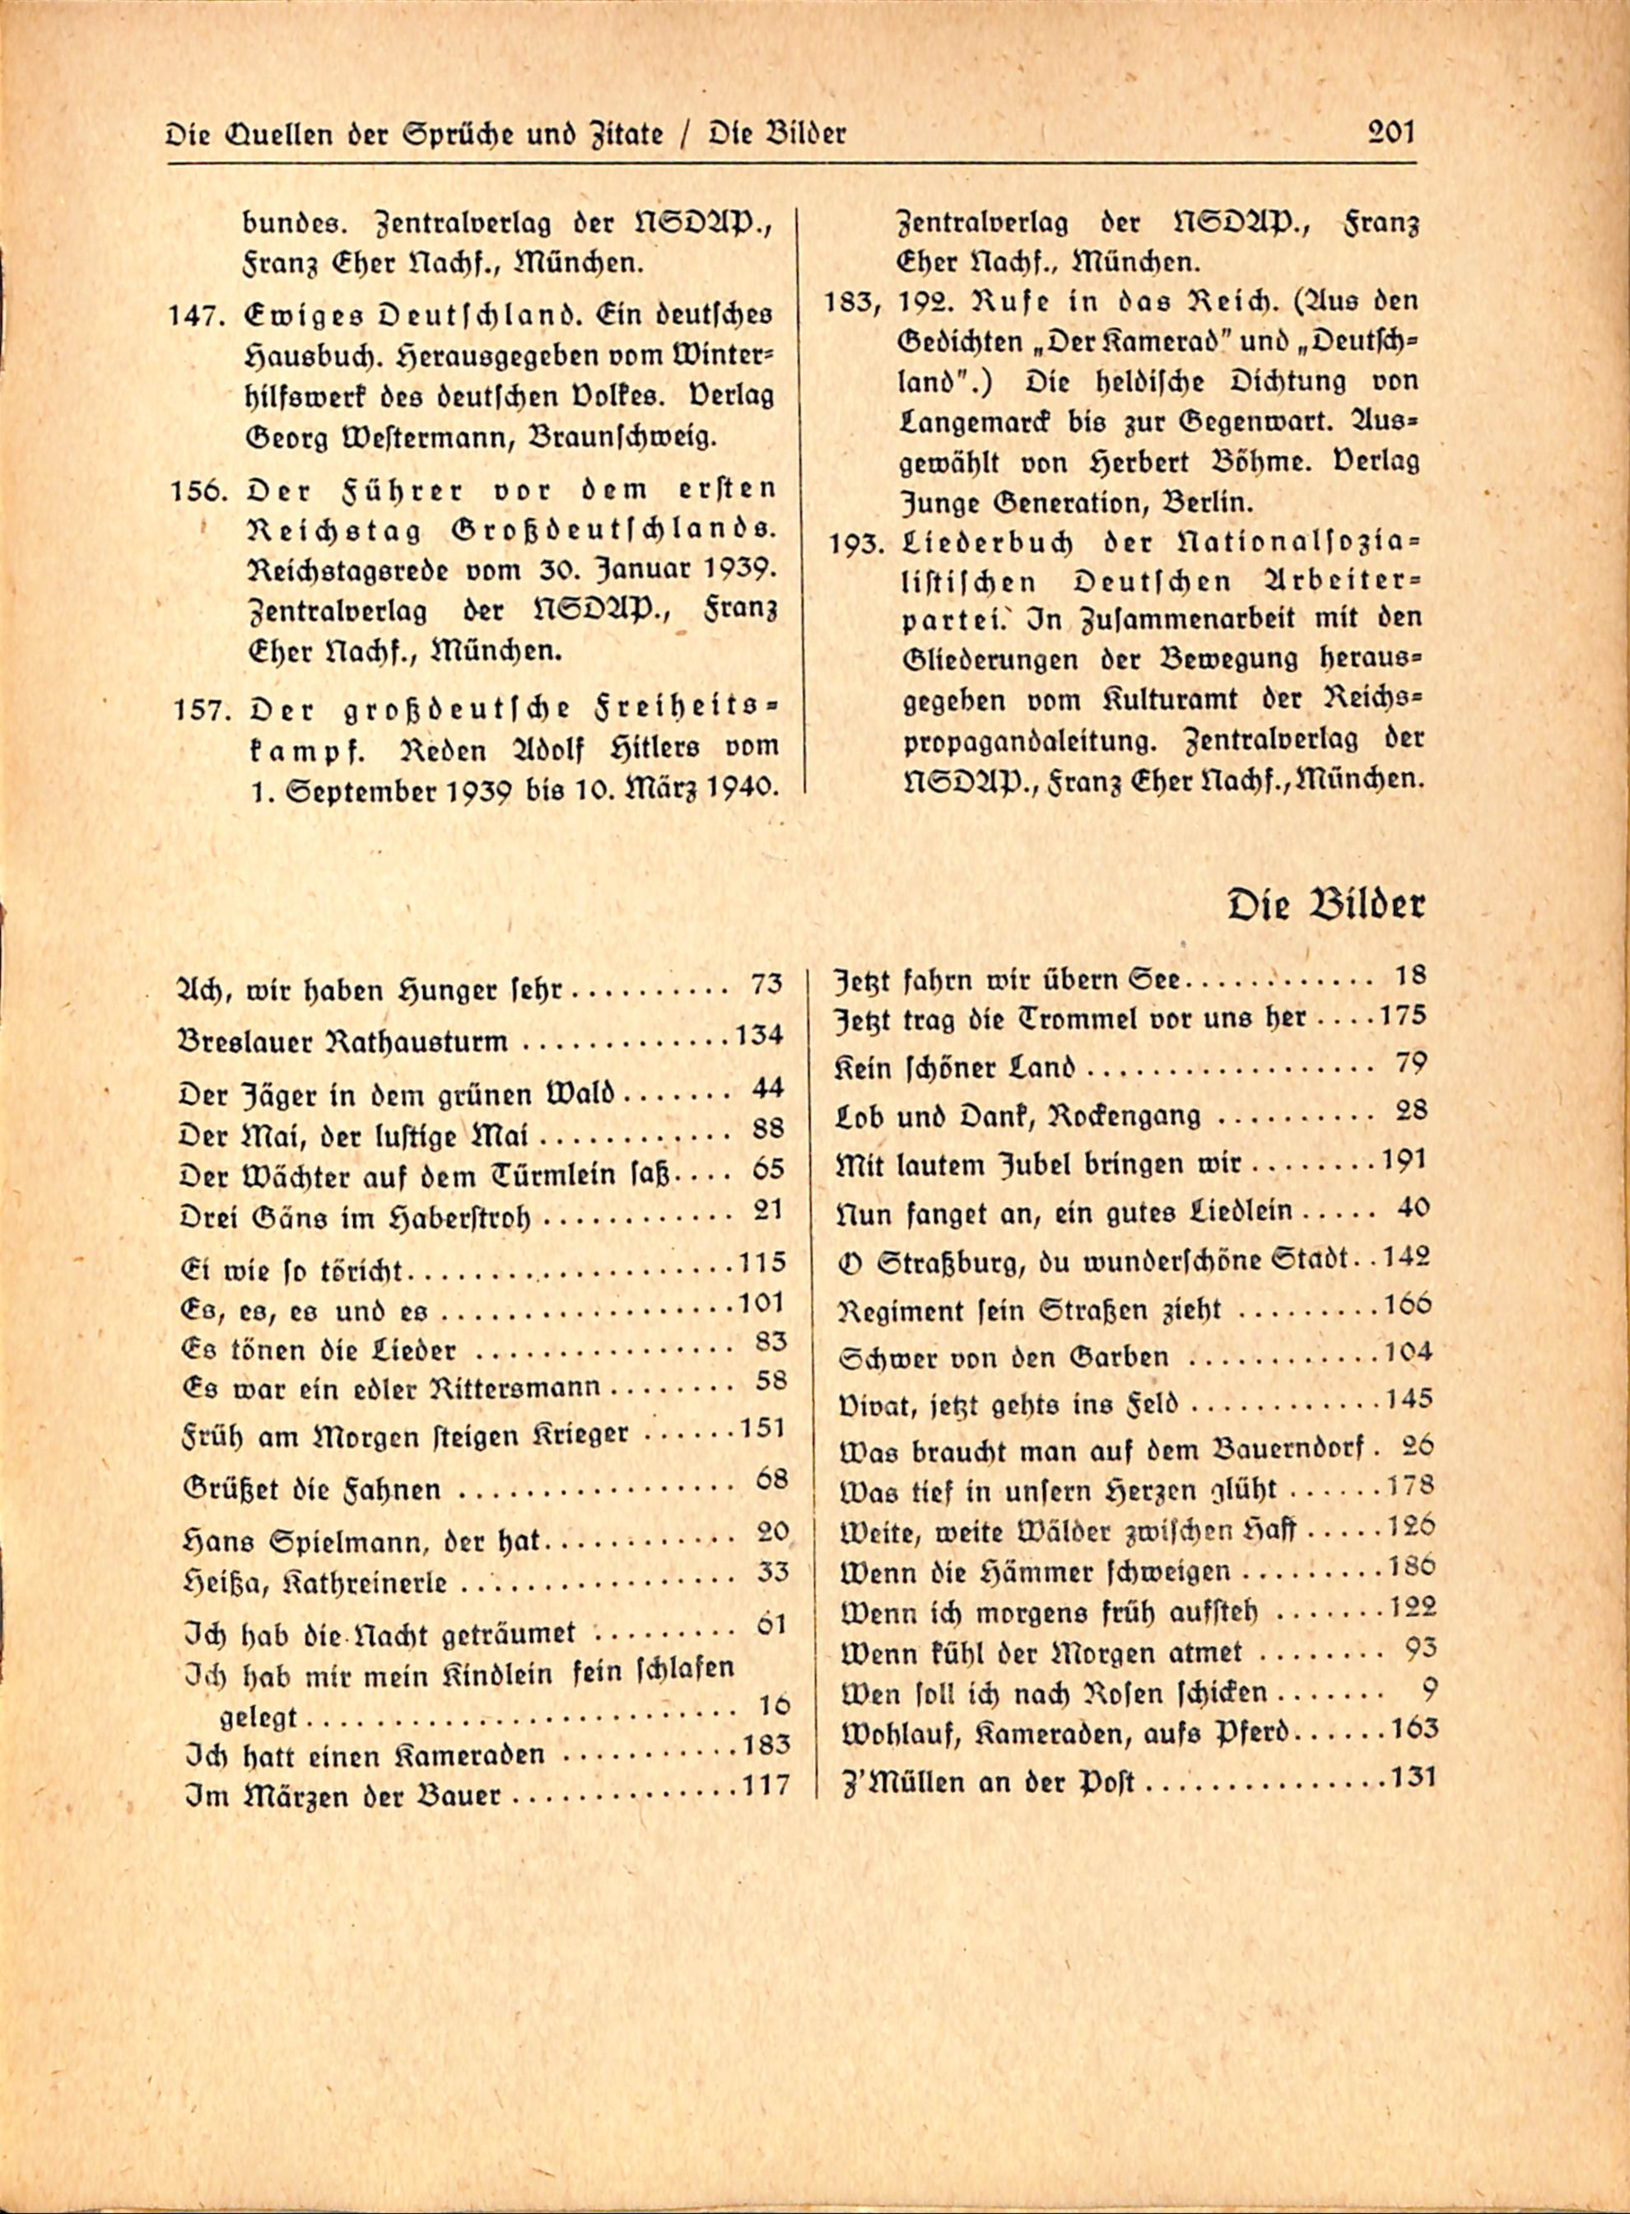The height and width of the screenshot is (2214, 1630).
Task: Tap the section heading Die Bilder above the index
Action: [1325, 905]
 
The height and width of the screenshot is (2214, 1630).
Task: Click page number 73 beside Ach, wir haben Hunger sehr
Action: [766, 984]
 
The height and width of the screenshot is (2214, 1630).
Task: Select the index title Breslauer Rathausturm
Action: [344, 1042]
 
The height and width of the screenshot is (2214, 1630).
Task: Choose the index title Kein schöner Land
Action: [955, 1069]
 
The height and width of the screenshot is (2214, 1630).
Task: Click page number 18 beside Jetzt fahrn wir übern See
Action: [1411, 976]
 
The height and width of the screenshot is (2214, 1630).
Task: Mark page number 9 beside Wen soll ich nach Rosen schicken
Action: [1427, 1692]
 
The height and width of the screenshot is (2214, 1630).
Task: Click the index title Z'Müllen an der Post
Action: [987, 1783]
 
